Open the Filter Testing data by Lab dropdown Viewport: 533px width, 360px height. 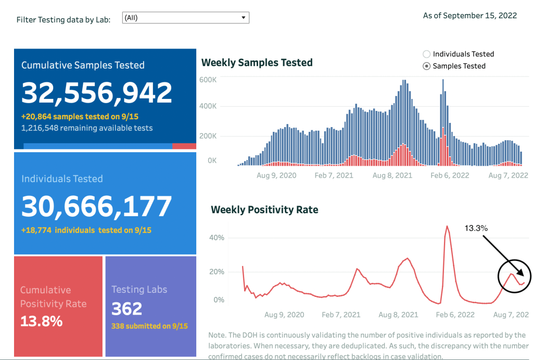click(x=186, y=18)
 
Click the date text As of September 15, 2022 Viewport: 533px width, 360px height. click(x=469, y=16)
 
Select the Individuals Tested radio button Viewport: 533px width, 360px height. click(x=427, y=54)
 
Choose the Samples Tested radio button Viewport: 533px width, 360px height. click(x=427, y=66)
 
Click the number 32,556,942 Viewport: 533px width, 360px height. click(x=97, y=93)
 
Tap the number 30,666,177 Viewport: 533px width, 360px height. click(x=97, y=206)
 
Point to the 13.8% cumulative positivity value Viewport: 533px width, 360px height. click(x=41, y=321)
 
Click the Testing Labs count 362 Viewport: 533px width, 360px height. click(x=127, y=308)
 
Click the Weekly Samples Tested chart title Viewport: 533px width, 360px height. click(x=257, y=63)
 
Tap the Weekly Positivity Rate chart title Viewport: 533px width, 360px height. click(x=264, y=210)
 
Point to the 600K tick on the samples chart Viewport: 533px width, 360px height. click(x=208, y=79)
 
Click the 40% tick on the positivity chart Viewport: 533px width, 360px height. click(x=216, y=238)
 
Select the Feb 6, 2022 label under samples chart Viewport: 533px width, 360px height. click(x=450, y=176)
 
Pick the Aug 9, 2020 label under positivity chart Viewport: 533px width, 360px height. click(x=284, y=315)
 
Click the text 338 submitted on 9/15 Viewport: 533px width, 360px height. click(x=149, y=326)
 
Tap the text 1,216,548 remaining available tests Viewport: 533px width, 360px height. click(x=87, y=128)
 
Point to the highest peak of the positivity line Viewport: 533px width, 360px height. click(x=447, y=226)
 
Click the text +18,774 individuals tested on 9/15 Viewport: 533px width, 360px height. click(x=86, y=230)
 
